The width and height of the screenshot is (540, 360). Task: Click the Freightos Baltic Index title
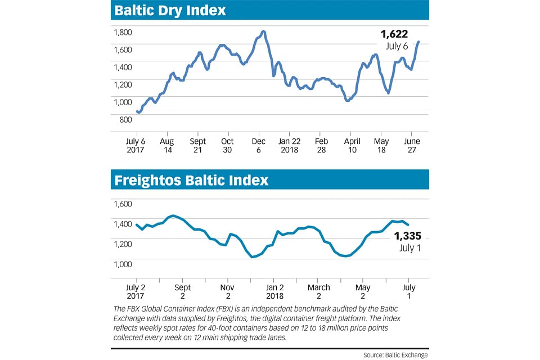[191, 181]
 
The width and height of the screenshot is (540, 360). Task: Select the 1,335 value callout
[407, 236]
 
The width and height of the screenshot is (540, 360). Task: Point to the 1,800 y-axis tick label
[123, 33]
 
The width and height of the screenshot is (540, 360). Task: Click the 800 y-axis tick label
[125, 119]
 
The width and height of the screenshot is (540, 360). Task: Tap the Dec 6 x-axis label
[258, 146]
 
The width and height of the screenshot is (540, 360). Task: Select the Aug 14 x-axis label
[166, 146]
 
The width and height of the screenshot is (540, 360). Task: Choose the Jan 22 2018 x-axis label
[290, 146]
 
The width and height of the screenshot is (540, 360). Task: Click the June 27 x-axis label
[412, 146]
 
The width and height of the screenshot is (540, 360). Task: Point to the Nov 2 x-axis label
[228, 291]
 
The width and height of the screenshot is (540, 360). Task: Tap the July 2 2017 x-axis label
[136, 291]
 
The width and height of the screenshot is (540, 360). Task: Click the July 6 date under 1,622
[397, 46]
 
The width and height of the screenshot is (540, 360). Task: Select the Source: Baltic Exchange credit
[395, 354]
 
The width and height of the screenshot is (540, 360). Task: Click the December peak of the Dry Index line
[264, 31]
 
